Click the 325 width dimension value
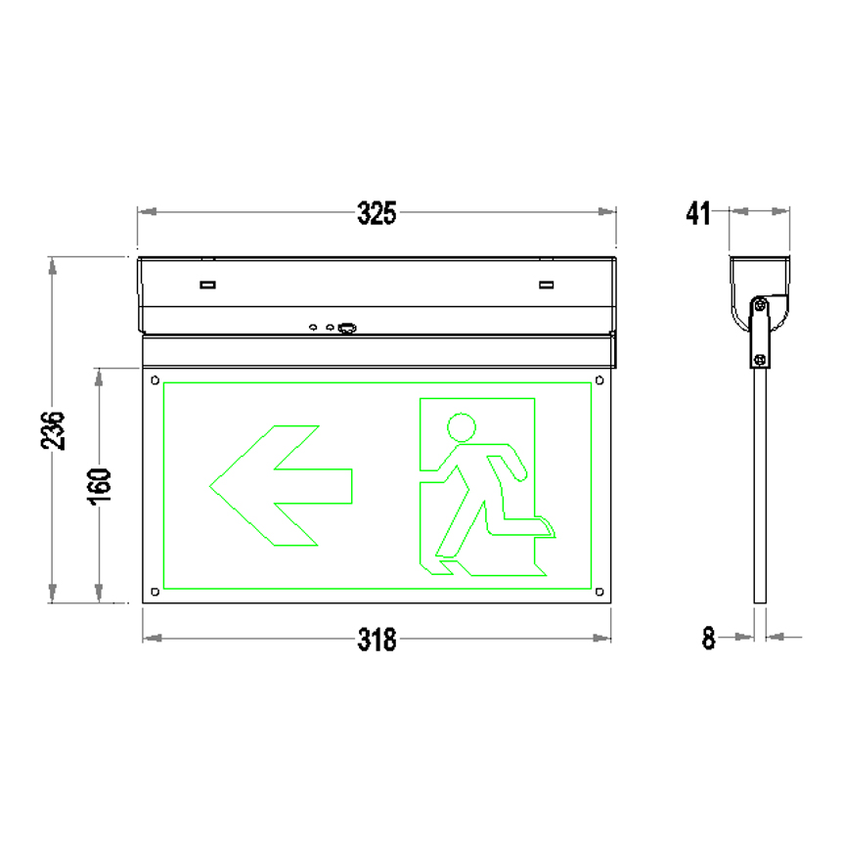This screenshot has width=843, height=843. pos(377,213)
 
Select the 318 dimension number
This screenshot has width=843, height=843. pos(377,640)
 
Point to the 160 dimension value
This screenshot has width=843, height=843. pos(101,485)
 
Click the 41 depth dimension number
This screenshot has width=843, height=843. pos(697,213)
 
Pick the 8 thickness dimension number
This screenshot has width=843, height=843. pos(709,639)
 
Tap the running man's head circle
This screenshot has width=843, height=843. pos(462,427)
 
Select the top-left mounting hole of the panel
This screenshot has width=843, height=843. pos(154,379)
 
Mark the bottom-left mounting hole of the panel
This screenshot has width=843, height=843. pos(154,591)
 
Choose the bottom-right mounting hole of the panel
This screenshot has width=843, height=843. pos(600,591)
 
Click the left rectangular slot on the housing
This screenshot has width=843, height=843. pos(207,286)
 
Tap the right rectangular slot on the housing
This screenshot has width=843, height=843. pos(546,286)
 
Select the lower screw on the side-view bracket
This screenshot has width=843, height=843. pos(758,358)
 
